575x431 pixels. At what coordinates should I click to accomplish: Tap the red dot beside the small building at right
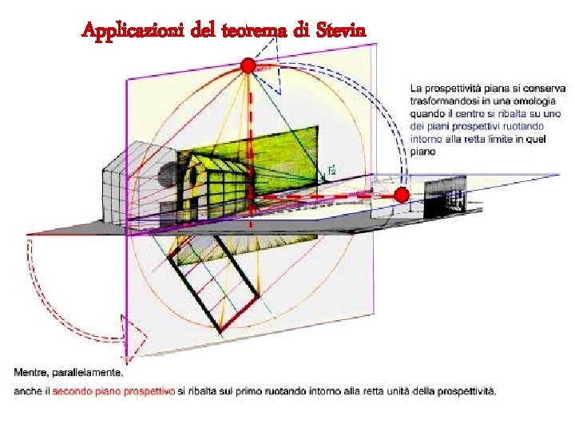[402, 195]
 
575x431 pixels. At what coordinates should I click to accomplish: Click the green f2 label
[331, 170]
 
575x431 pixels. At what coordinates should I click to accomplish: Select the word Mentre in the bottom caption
[34, 373]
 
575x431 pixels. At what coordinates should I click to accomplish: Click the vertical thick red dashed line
[249, 136]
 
